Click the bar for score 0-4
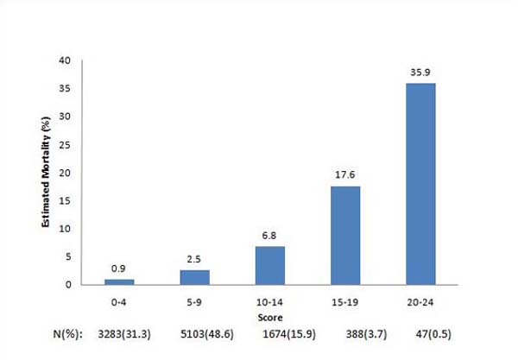pos(119,281)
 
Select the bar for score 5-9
pos(194,277)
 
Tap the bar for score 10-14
pos(269,265)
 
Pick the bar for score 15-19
pos(345,235)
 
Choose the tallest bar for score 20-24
pos(420,184)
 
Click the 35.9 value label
pos(420,73)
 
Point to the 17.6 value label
pos(345,176)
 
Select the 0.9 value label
pos(119,269)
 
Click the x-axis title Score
pos(270,317)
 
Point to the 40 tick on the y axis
pos(65,60)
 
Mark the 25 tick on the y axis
pos(65,144)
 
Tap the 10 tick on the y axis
pos(65,229)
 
